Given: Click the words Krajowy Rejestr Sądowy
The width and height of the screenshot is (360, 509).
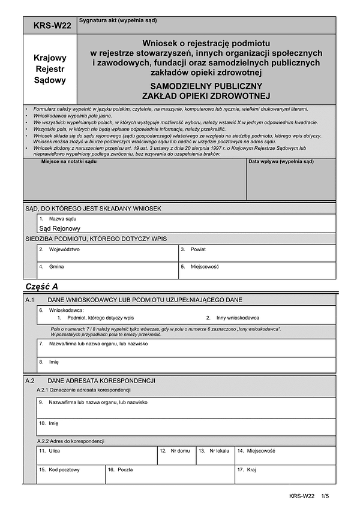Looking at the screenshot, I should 50,69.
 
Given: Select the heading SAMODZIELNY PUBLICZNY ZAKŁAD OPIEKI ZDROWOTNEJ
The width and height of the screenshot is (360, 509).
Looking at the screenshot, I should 207,90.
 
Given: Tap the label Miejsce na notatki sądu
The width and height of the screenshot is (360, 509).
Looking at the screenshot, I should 69,162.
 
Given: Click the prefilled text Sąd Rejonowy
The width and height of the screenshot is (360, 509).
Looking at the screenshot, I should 59,228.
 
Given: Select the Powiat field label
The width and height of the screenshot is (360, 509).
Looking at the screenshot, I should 198,249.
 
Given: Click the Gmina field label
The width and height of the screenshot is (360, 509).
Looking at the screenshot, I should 56,267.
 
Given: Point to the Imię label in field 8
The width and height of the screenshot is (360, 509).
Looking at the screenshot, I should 53,362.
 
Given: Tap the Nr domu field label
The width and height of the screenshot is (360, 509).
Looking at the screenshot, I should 180,450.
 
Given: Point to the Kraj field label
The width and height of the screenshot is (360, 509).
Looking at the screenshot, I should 251,470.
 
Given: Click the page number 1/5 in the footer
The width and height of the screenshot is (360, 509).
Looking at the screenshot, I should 326,496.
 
